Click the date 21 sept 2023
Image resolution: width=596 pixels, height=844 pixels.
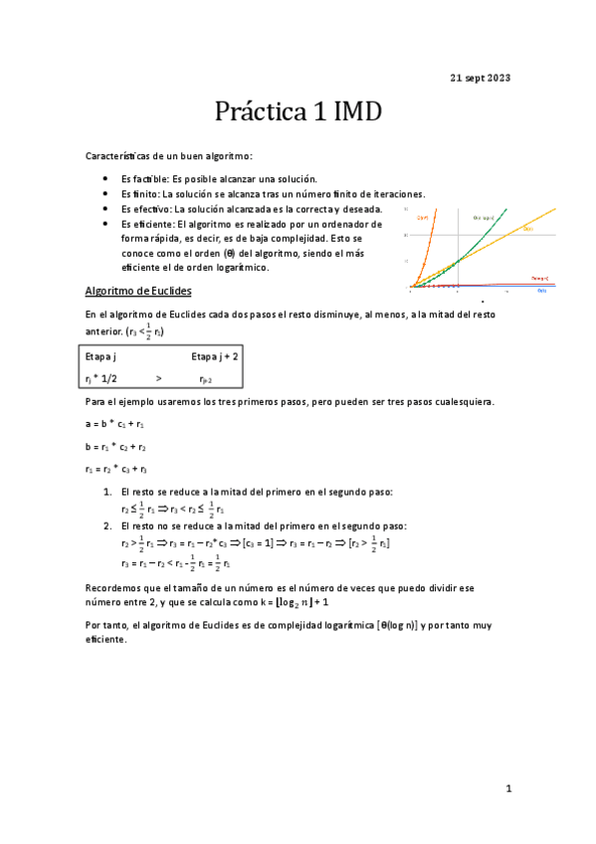click(481, 78)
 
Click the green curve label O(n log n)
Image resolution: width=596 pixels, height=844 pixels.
click(484, 217)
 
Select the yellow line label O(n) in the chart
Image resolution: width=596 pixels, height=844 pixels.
click(527, 230)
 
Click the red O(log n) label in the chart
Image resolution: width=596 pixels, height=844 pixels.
click(539, 278)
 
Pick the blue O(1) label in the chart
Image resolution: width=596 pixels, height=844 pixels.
click(541, 291)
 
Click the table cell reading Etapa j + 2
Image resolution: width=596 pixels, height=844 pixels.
click(214, 355)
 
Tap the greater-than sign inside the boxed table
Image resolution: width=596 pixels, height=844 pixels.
click(158, 378)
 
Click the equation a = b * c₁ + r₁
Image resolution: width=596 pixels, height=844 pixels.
click(115, 424)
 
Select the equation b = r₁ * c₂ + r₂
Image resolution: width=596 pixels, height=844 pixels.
click(116, 447)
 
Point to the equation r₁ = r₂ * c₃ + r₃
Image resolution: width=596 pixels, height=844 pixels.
click(117, 469)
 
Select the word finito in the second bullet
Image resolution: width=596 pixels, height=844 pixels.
click(143, 194)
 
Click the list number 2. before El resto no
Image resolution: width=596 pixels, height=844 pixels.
click(108, 525)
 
